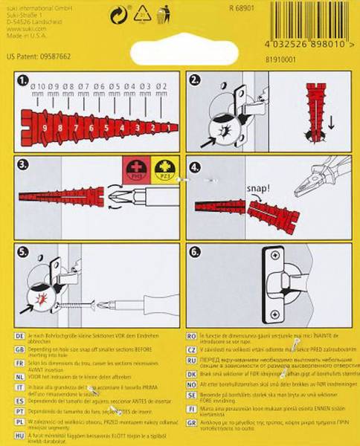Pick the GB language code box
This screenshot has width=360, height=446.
[x=20, y=346]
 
